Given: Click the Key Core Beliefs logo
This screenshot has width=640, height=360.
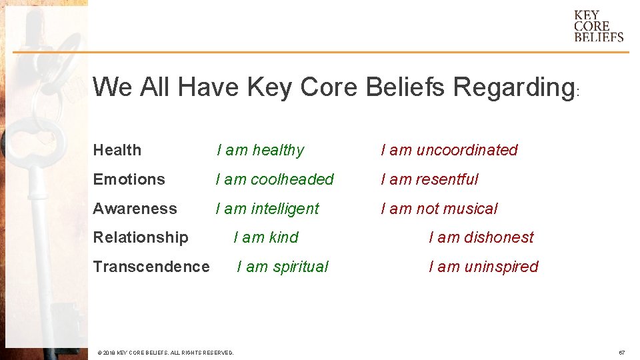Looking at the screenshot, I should point(599,26).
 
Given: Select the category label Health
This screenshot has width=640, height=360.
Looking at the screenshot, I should point(117,150).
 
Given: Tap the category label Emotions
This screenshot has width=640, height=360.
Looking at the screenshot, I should point(129,179).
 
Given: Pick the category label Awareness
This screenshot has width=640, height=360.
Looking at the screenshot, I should point(135,209).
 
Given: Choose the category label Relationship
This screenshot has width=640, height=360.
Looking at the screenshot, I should point(141,237).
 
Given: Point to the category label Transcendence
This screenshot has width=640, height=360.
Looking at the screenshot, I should point(151,267).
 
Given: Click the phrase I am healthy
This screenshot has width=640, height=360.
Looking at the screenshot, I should point(260,150).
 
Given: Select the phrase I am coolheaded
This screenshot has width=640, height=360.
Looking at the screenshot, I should point(275,179).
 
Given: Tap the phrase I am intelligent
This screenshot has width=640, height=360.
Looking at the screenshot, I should point(267,209).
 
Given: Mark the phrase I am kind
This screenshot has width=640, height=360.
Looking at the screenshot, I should point(266,237).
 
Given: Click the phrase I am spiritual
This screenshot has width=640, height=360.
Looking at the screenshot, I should point(283,267).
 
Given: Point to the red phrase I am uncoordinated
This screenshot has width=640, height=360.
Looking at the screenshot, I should point(449,150).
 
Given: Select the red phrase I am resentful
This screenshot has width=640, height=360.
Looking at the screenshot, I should point(429,179).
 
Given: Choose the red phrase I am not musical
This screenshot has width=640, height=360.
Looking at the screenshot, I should point(439,209).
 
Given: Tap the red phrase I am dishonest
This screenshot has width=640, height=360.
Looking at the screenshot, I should point(481,237).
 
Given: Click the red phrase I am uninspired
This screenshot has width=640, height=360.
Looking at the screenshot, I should point(483,267).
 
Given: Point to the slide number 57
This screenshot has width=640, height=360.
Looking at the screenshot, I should point(621,352).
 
